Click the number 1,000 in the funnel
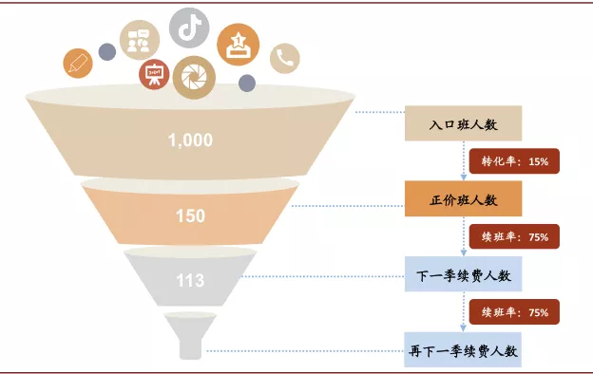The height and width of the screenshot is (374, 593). click(x=190, y=140)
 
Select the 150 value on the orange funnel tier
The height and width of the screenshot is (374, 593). click(x=190, y=216)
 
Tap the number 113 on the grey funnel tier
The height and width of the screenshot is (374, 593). click(x=190, y=280)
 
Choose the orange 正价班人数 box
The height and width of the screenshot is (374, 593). click(x=463, y=200)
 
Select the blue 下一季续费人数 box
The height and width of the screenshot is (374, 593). click(x=463, y=276)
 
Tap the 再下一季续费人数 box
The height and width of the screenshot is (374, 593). click(x=463, y=351)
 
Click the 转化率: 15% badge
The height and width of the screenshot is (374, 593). click(x=514, y=162)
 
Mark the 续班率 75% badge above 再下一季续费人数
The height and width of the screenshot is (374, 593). click(x=514, y=312)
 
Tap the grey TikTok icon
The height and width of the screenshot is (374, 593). click(x=189, y=27)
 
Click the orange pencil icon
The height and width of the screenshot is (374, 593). click(x=77, y=63)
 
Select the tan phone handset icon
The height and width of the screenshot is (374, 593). click(x=284, y=59)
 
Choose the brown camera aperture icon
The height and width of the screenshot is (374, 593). click(x=196, y=74)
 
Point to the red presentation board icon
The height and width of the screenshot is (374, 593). click(x=152, y=75)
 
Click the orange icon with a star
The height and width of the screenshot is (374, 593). click(x=238, y=44)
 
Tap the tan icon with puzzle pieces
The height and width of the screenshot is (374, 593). click(x=139, y=41)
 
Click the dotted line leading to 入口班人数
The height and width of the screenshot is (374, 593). click(x=380, y=113)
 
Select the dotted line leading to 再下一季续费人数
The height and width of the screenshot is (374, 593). click(x=304, y=351)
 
